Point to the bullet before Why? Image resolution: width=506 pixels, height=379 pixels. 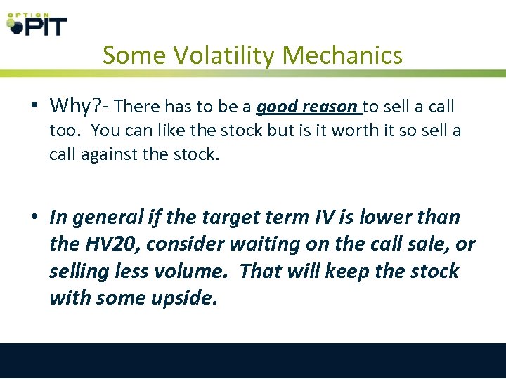(34, 107)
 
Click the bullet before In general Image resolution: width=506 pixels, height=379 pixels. (34, 218)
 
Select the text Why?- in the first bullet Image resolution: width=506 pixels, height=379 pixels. (78, 107)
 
